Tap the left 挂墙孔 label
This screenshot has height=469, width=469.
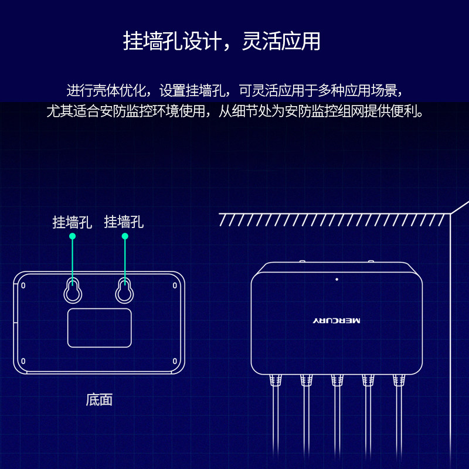pyautogui.click(x=72, y=222)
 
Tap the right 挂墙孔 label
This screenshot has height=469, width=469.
pyautogui.click(x=124, y=222)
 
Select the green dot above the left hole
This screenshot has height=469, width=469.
pyautogui.click(x=73, y=236)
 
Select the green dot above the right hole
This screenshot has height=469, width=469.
pyautogui.click(x=124, y=236)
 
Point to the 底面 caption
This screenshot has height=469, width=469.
pyautogui.click(x=99, y=400)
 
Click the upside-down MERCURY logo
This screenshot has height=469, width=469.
pyautogui.click(x=337, y=321)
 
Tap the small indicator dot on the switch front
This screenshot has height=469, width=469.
pyautogui.click(x=337, y=279)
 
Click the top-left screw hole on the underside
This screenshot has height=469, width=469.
pyautogui.click(x=23, y=286)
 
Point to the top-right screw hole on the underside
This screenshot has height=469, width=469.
pyautogui.click(x=175, y=286)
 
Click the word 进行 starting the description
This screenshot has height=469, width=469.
pyautogui.click(x=76, y=91)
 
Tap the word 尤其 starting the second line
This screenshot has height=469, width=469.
pyautogui.click(x=56, y=111)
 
